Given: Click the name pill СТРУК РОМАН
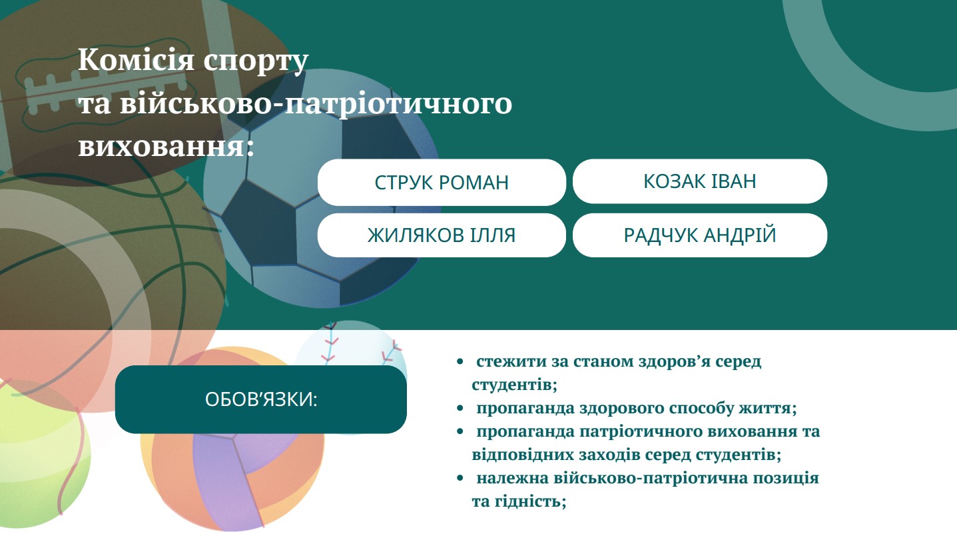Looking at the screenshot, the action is (x=442, y=182).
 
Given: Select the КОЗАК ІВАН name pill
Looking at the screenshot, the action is (x=700, y=181).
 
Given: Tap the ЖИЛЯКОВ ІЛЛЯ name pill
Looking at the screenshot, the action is (x=442, y=235).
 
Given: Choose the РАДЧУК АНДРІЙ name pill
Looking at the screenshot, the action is (x=700, y=235).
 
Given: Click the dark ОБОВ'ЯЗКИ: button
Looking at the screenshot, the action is (x=261, y=399).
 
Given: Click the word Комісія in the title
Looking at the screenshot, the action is (x=137, y=59).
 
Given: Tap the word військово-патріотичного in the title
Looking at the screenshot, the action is (x=316, y=105).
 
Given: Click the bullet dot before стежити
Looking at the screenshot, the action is (x=460, y=362).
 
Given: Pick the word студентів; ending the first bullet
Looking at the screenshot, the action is (x=515, y=385).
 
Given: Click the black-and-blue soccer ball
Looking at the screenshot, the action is (x=321, y=189).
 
